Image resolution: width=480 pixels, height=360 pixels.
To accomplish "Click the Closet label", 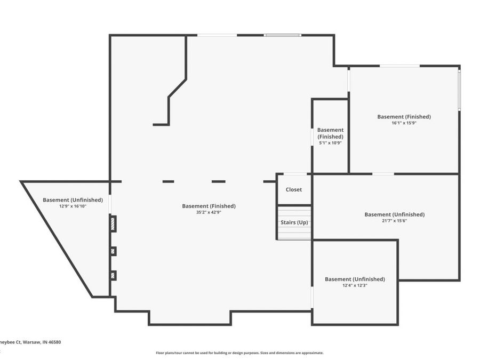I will click(293, 189).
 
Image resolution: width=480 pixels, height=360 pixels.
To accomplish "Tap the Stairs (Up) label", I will click(294, 222).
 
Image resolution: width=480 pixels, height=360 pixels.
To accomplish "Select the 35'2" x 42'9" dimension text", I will click(209, 212).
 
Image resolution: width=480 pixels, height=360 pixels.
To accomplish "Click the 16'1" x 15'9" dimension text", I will click(404, 123).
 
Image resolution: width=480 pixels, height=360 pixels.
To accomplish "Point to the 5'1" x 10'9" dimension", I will click(330, 142).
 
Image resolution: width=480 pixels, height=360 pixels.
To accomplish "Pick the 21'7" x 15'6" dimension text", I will click(394, 220).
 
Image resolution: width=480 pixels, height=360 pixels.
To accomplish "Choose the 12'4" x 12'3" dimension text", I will click(355, 285).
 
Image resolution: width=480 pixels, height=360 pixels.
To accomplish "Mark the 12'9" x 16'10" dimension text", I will click(73, 206).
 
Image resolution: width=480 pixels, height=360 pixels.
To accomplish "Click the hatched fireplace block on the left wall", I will click(113, 223).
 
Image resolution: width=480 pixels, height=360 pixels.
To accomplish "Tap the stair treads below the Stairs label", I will click(294, 234).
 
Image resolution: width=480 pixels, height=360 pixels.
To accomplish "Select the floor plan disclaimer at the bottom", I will click(239, 353).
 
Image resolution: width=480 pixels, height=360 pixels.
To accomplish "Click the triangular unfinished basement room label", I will click(73, 200).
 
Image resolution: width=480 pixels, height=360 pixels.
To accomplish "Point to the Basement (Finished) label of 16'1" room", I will click(404, 116).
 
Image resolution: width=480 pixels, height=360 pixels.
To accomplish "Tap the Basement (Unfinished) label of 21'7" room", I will click(394, 214).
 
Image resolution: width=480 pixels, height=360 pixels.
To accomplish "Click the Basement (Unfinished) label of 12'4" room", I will click(355, 279).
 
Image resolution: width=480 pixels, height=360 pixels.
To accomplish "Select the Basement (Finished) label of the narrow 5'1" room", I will click(330, 133).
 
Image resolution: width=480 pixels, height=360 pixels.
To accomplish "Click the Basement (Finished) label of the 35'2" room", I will click(209, 206).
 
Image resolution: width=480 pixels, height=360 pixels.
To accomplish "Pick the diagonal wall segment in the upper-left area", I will click(178, 88).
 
